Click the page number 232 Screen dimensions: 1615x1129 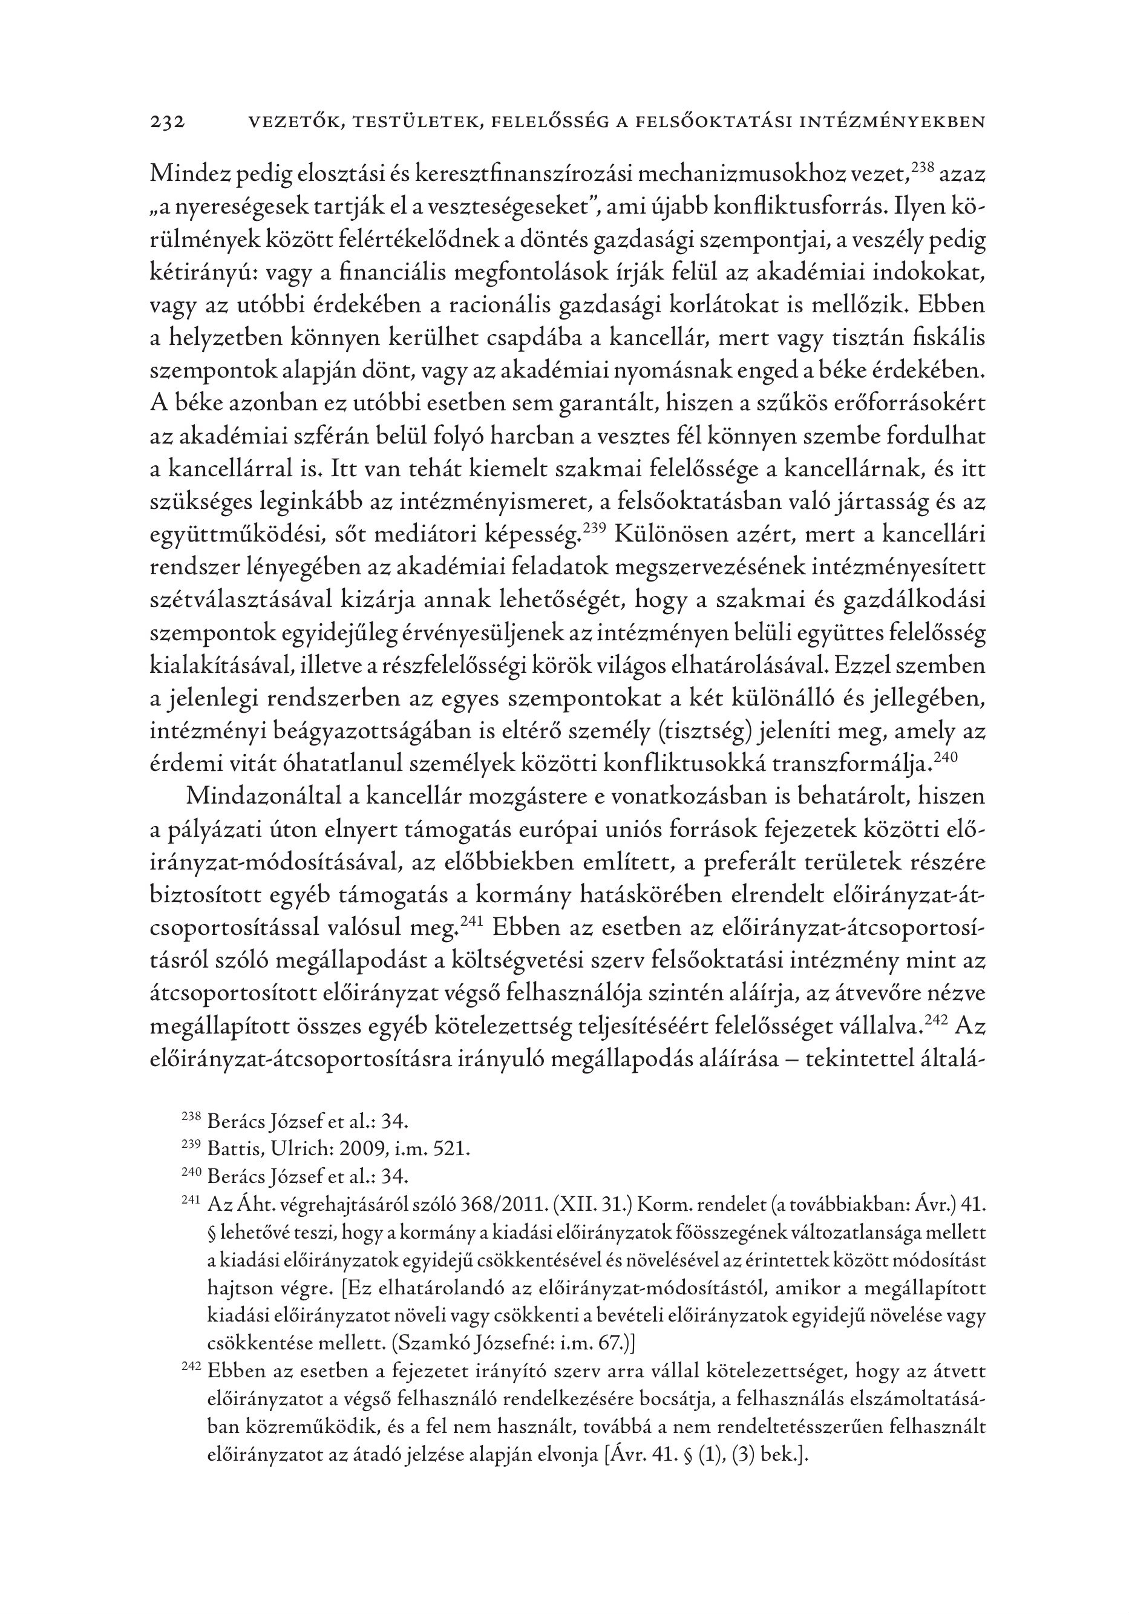[x=168, y=122]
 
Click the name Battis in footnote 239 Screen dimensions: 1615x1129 [x=226, y=1149]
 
